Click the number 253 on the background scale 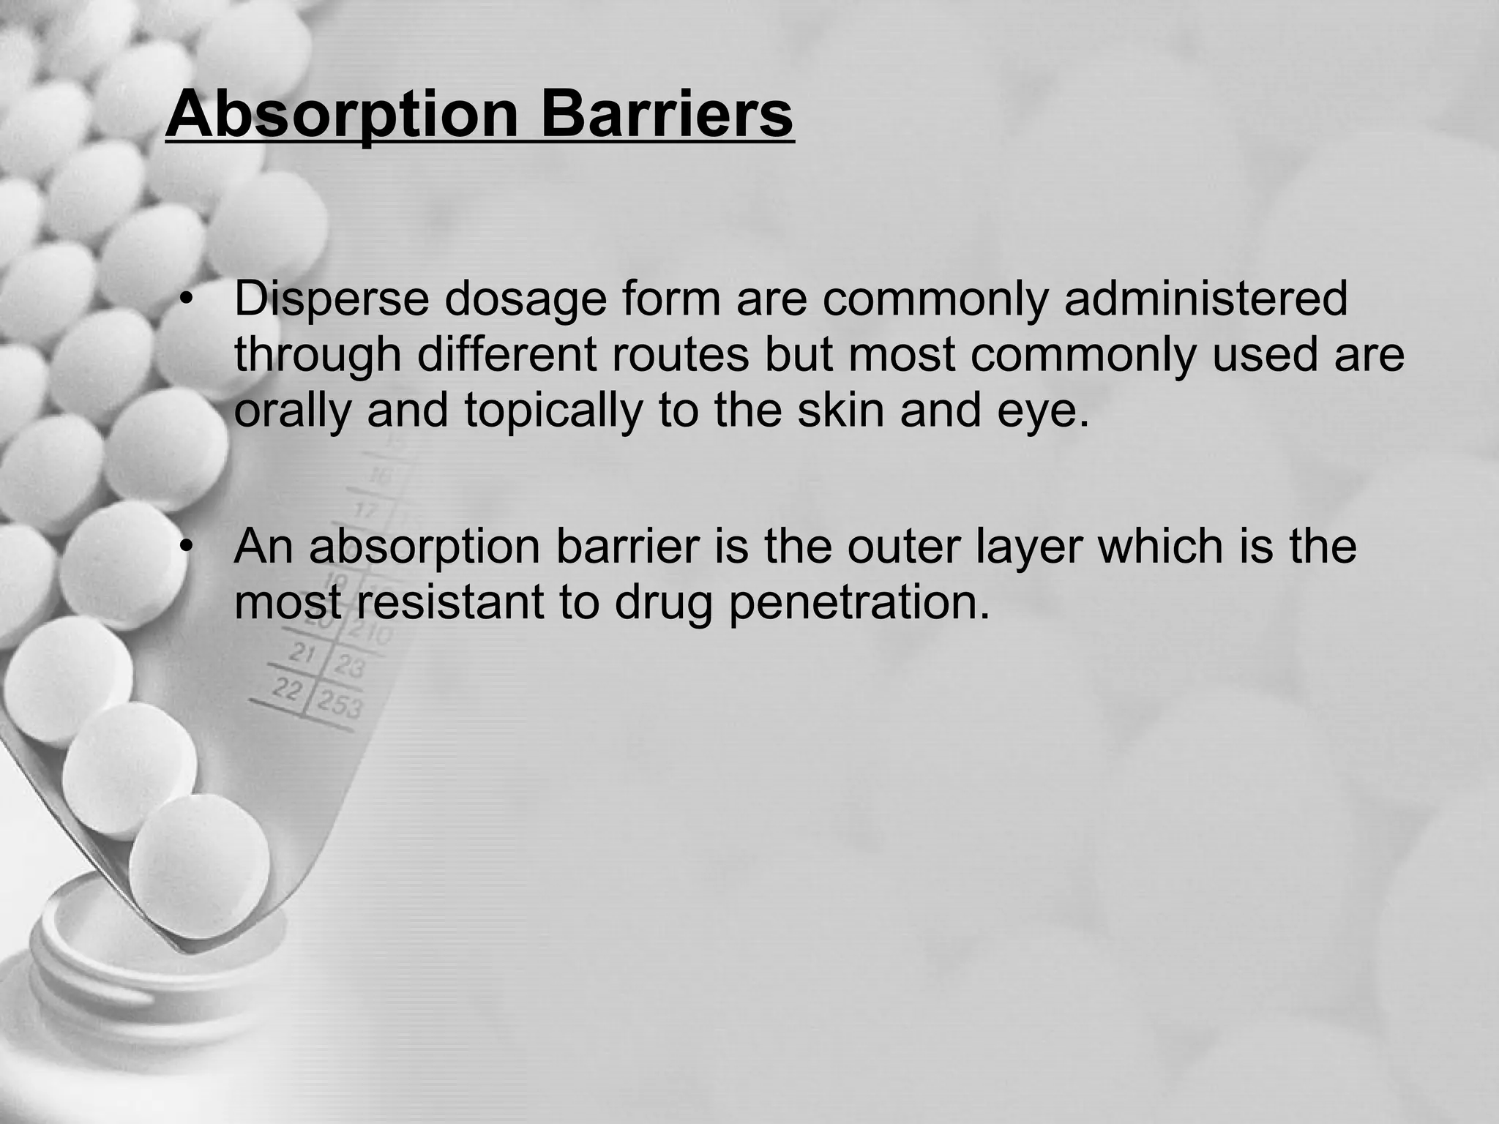339,705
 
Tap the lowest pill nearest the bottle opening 199,856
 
